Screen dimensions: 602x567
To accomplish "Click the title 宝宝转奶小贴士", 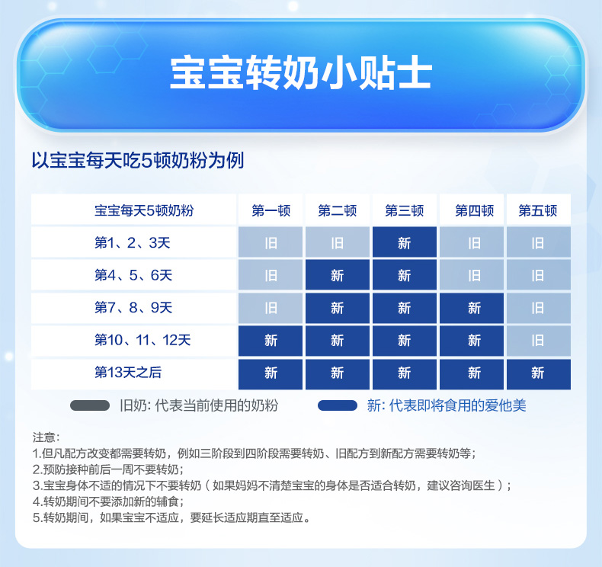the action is (301, 74).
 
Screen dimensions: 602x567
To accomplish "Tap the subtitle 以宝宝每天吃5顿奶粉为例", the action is (137, 161).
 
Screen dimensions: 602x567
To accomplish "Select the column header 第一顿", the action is (271, 210).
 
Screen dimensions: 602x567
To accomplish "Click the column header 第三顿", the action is (405, 210).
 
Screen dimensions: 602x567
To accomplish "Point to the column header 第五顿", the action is (537, 210).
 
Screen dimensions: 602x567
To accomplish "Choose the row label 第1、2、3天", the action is (132, 242).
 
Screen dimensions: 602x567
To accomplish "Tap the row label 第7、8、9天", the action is (133, 307).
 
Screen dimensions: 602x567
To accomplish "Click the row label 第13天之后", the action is (128, 373).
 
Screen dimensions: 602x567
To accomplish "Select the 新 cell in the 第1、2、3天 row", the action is (405, 242).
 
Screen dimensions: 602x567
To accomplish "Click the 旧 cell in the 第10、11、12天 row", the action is (539, 340).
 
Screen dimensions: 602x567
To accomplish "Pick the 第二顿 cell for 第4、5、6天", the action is (338, 275).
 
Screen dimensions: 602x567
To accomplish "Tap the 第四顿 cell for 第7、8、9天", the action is (472, 307).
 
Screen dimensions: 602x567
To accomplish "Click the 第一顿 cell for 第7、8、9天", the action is (271, 307).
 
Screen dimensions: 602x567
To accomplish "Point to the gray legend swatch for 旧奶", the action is (90, 405).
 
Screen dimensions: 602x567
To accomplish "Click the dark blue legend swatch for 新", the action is (338, 405).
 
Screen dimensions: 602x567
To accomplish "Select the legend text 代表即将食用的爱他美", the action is (458, 405).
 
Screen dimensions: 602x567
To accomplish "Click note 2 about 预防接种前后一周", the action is (108, 469).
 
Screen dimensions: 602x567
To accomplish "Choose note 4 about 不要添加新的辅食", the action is (108, 501).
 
